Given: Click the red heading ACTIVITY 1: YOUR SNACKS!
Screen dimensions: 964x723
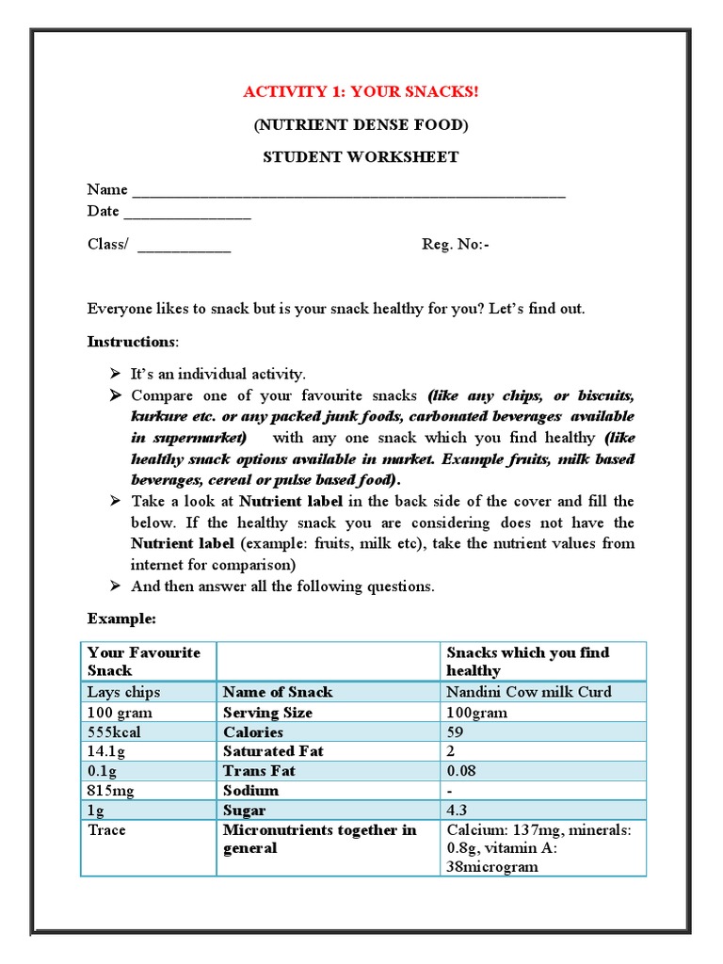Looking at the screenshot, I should coord(361,91).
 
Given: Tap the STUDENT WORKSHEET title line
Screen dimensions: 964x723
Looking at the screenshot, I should coord(361,156).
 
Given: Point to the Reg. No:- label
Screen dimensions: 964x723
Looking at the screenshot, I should coord(456,245).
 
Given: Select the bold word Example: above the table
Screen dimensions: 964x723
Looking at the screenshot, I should coord(121,619).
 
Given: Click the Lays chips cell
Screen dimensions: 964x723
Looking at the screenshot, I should coord(123,692).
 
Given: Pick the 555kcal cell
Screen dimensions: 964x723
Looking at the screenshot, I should coord(120,731).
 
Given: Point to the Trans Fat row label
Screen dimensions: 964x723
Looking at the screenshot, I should coord(259,770).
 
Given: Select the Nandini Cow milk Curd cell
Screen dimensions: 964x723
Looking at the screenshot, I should coord(529,692).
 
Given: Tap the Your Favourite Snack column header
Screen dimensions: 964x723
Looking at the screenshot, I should coord(143,661).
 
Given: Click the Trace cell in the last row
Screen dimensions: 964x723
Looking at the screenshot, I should coord(106,830).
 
